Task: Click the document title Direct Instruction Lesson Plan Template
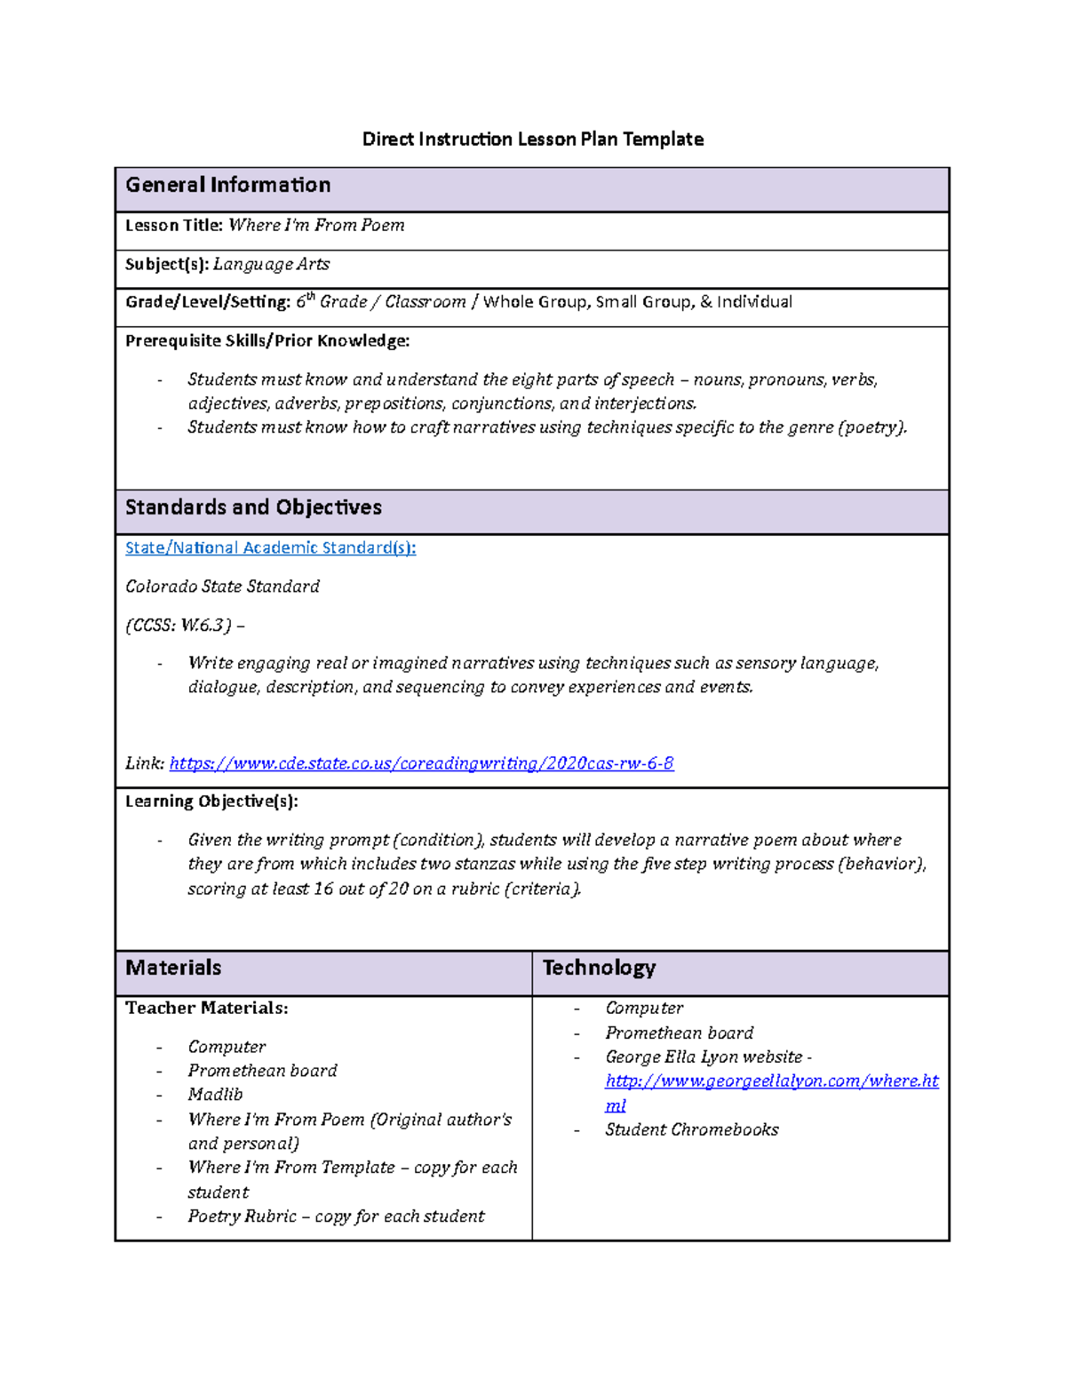click(x=532, y=140)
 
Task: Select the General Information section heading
click(x=227, y=185)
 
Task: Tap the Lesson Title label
click(x=173, y=226)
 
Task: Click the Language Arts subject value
click(x=271, y=265)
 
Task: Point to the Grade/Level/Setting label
click(x=208, y=302)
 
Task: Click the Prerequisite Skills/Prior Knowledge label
click(x=267, y=341)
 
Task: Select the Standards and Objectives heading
click(x=253, y=507)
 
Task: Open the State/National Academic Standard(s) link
click(x=270, y=548)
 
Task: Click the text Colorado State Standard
click(x=222, y=586)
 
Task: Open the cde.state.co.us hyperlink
click(x=421, y=763)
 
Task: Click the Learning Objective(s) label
click(x=211, y=802)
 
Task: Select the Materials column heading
click(x=173, y=968)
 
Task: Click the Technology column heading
click(x=599, y=968)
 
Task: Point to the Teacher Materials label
click(x=206, y=1009)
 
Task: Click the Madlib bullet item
click(x=215, y=1095)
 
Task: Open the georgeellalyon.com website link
click(x=771, y=1081)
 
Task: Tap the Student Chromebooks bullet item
click(x=691, y=1130)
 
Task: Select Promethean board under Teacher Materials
click(x=262, y=1071)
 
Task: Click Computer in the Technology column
click(x=644, y=1009)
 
